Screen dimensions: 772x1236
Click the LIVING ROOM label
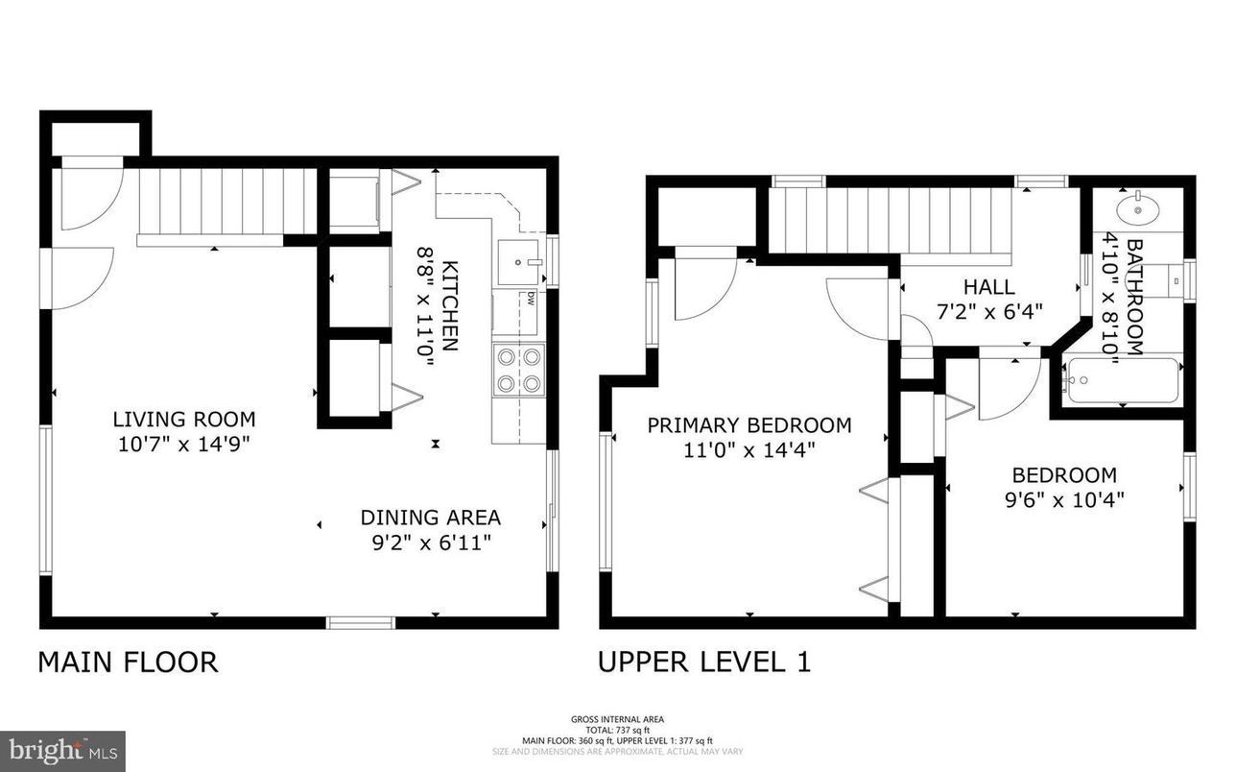point(184,420)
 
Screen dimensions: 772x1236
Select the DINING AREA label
point(430,518)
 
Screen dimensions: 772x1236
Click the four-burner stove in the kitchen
point(518,371)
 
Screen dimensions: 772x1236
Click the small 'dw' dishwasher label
point(529,298)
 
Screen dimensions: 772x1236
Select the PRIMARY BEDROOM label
point(749,425)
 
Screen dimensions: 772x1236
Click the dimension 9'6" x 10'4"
point(1064,499)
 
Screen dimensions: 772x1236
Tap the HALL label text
point(988,286)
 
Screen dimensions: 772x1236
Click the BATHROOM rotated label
point(1134,298)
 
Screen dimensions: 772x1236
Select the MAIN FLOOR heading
point(128,663)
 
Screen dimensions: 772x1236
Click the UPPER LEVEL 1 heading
point(704,663)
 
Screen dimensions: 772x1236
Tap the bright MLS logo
point(62,747)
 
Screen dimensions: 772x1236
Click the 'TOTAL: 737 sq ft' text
point(617,730)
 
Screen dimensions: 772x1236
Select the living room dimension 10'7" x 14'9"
point(184,444)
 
